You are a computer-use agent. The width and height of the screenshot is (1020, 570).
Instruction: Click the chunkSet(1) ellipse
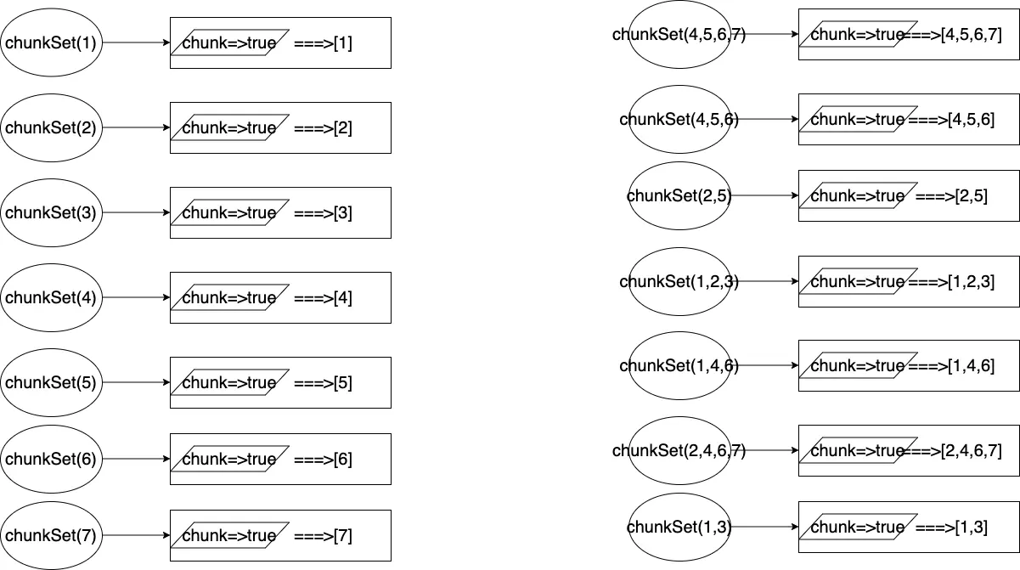coord(51,42)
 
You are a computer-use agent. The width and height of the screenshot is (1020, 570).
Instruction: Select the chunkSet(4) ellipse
coord(51,297)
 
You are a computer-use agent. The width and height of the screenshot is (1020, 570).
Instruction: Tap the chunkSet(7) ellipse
coord(51,535)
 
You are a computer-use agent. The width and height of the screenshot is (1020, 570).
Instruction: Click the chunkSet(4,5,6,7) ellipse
coord(679,34)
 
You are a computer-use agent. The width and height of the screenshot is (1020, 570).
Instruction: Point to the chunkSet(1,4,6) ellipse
coord(679,365)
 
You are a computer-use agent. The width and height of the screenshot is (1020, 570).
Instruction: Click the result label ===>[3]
coord(323,213)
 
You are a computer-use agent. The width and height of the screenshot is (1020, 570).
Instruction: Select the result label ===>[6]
coord(323,460)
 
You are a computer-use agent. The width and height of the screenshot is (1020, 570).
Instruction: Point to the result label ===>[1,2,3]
coord(951,281)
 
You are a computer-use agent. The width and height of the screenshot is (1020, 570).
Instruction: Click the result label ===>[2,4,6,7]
coord(955,451)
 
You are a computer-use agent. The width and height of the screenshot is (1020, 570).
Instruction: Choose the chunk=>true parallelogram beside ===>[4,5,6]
coord(858,120)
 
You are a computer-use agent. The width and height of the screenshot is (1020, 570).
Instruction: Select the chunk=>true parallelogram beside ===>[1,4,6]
coord(858,366)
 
